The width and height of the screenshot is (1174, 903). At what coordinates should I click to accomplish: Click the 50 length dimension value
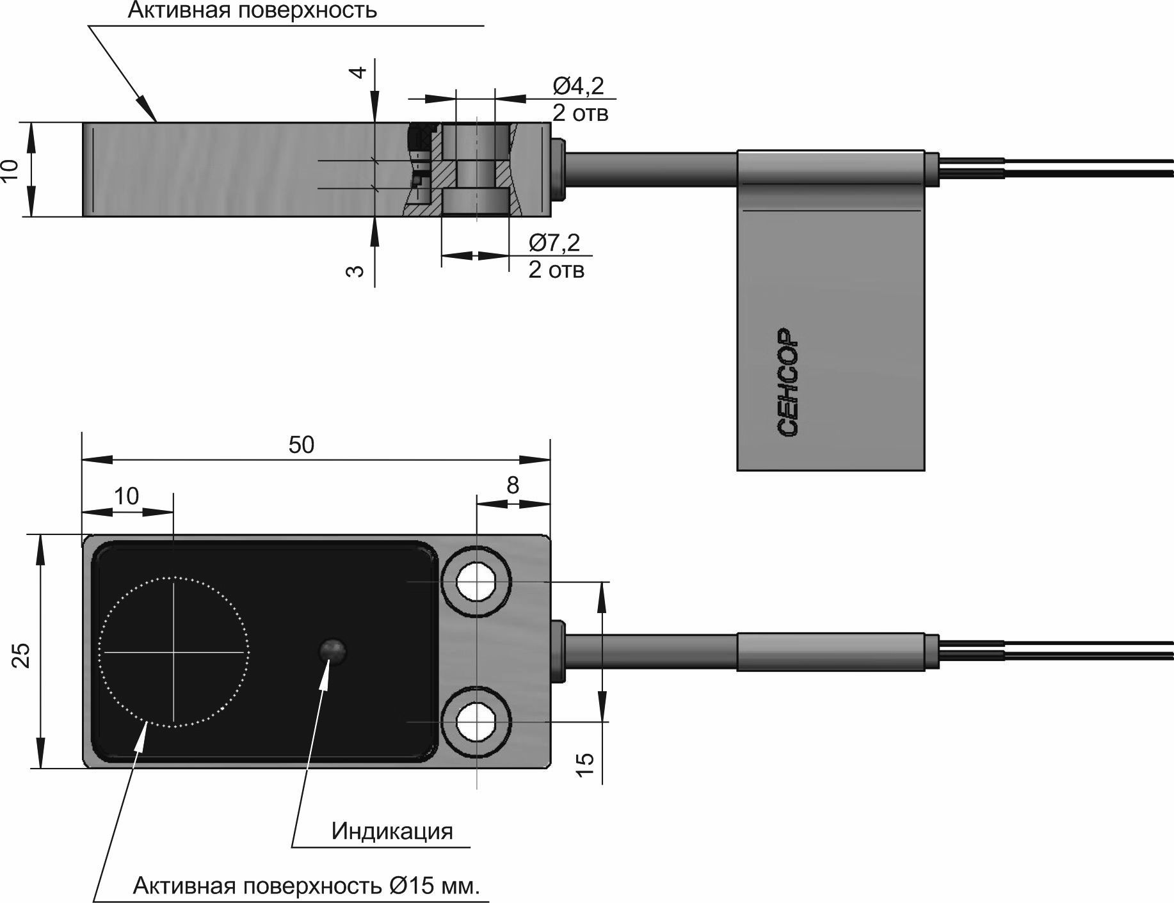point(301,445)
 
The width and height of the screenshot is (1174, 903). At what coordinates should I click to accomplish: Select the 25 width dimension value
point(22,655)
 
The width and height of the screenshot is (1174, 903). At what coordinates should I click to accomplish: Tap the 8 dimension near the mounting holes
point(512,486)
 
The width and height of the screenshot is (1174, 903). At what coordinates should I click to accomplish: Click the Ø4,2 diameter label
point(578,86)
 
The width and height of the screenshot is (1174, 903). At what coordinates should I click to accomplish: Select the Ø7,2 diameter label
point(554,243)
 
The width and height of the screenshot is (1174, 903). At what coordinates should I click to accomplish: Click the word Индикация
point(392,831)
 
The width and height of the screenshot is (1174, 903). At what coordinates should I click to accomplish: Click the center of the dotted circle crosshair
point(173,651)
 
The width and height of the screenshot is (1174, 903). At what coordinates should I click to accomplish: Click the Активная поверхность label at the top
point(252,10)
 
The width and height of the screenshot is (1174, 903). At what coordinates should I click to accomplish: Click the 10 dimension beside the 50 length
point(126,496)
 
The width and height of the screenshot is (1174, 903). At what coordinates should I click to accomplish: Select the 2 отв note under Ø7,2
point(556,270)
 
